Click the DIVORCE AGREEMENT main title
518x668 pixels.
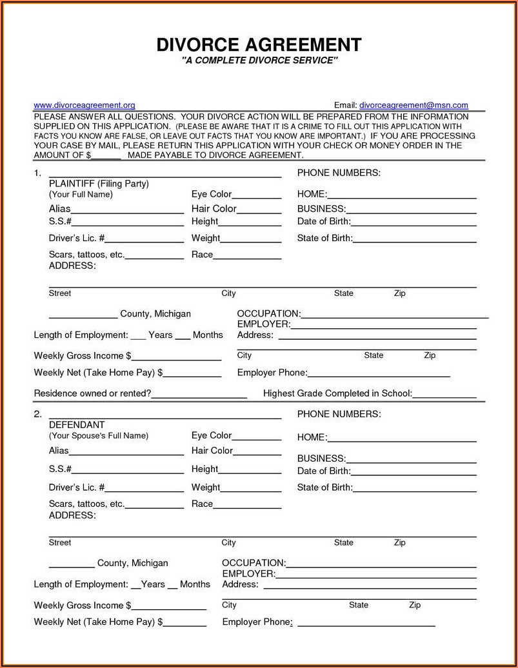pos(259,44)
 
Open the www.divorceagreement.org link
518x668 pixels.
pos(84,105)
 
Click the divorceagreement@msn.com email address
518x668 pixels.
pos(413,105)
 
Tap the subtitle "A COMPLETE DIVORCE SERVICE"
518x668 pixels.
pos(259,61)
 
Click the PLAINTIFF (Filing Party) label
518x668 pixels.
pos(99,184)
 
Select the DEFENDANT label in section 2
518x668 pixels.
pos(77,425)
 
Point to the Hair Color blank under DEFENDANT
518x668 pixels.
pos(257,452)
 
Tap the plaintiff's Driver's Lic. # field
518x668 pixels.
pos(145,240)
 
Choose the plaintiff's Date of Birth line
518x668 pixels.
pos(413,223)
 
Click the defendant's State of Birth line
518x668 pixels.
pos(414,489)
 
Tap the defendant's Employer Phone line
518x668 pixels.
pos(366,624)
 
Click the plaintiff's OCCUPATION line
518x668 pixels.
pos(394,316)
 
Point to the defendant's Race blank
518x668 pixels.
pos(247,506)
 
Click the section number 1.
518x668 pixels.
pos(37,173)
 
